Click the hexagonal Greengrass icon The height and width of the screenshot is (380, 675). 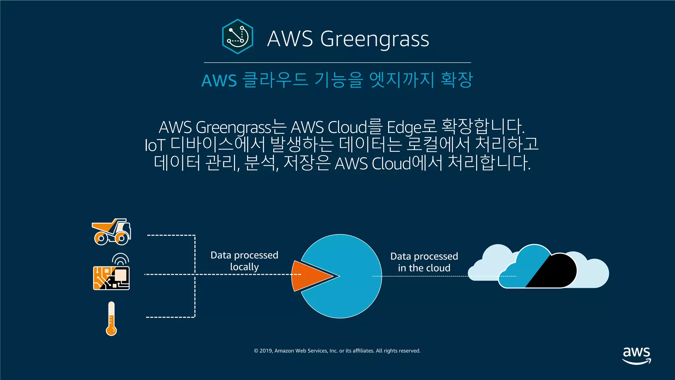click(x=238, y=37)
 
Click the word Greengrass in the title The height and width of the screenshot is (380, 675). click(x=374, y=39)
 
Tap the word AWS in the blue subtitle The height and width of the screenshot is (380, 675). click(x=219, y=81)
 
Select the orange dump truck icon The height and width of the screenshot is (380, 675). click(x=111, y=232)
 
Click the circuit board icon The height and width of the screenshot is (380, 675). click(x=111, y=278)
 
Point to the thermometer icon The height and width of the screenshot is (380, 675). click(x=111, y=318)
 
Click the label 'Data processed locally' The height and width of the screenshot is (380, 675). click(x=244, y=261)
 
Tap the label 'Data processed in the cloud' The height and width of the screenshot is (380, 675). click(x=424, y=262)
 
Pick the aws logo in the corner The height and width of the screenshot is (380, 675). click(x=636, y=355)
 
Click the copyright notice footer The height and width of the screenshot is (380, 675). click(x=337, y=351)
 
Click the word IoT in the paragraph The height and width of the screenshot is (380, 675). click(x=154, y=145)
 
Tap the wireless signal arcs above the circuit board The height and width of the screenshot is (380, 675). click(x=120, y=259)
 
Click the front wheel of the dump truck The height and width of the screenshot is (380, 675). click(x=121, y=238)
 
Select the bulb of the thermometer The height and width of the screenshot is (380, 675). click(x=111, y=330)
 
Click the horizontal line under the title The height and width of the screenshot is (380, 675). click(x=337, y=62)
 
